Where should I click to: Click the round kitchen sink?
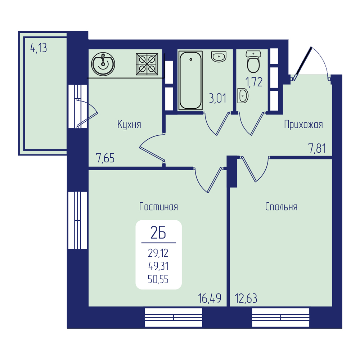103,64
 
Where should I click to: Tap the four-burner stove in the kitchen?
147,64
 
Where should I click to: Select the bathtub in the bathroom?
190,80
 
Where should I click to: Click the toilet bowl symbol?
253,62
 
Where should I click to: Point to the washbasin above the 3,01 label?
219,57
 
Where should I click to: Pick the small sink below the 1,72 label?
243,95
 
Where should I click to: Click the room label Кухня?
129,125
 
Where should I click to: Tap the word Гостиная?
158,207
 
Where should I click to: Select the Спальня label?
281,207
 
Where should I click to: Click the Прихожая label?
303,125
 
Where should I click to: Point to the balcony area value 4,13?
39,48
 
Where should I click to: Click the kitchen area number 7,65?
105,158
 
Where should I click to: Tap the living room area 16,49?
210,298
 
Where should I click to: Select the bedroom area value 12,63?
246,298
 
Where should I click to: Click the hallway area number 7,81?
317,148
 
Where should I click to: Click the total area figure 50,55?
158,279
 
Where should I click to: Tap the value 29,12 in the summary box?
158,253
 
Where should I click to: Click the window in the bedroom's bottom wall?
280,318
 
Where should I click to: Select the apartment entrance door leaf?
302,63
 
